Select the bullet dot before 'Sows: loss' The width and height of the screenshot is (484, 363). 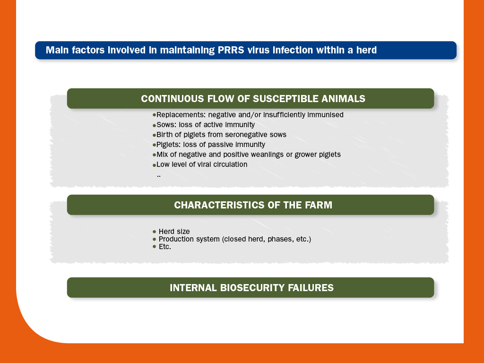[155, 125]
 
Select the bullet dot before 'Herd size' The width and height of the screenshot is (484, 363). [155, 232]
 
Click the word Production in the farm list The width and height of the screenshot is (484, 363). [177, 239]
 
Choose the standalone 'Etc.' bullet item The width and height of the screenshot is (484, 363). [165, 247]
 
